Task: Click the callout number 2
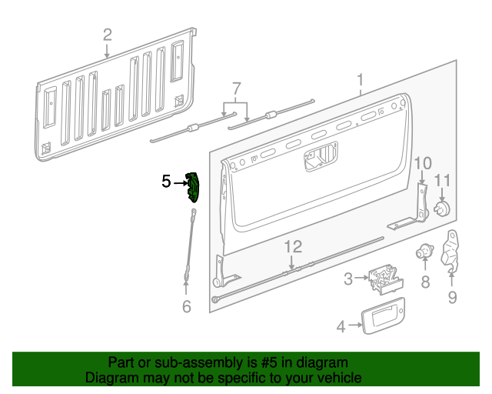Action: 107,35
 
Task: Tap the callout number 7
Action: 236,88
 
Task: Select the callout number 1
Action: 359,80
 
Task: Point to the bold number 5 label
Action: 166,182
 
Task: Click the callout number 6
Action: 185,306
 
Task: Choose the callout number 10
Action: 423,163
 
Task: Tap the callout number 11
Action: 442,181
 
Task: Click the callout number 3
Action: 348,279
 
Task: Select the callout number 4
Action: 341,326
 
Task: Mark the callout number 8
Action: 425,282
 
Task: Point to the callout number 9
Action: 452,297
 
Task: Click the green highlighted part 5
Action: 194,189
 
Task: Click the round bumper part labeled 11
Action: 442,209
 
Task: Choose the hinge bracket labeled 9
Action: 451,250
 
